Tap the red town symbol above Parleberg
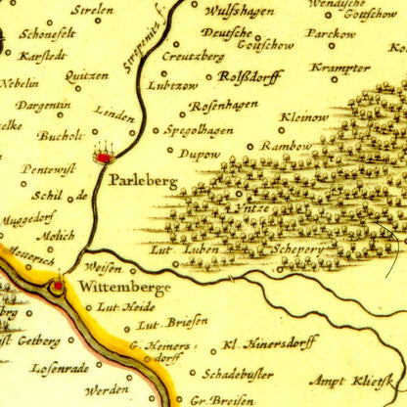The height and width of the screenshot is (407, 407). click(104, 154)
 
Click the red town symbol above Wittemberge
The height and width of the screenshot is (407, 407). click(58, 284)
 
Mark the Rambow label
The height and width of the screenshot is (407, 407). click(262, 147)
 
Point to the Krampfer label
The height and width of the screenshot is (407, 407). click(339, 68)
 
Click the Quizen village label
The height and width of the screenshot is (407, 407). click(86, 75)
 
